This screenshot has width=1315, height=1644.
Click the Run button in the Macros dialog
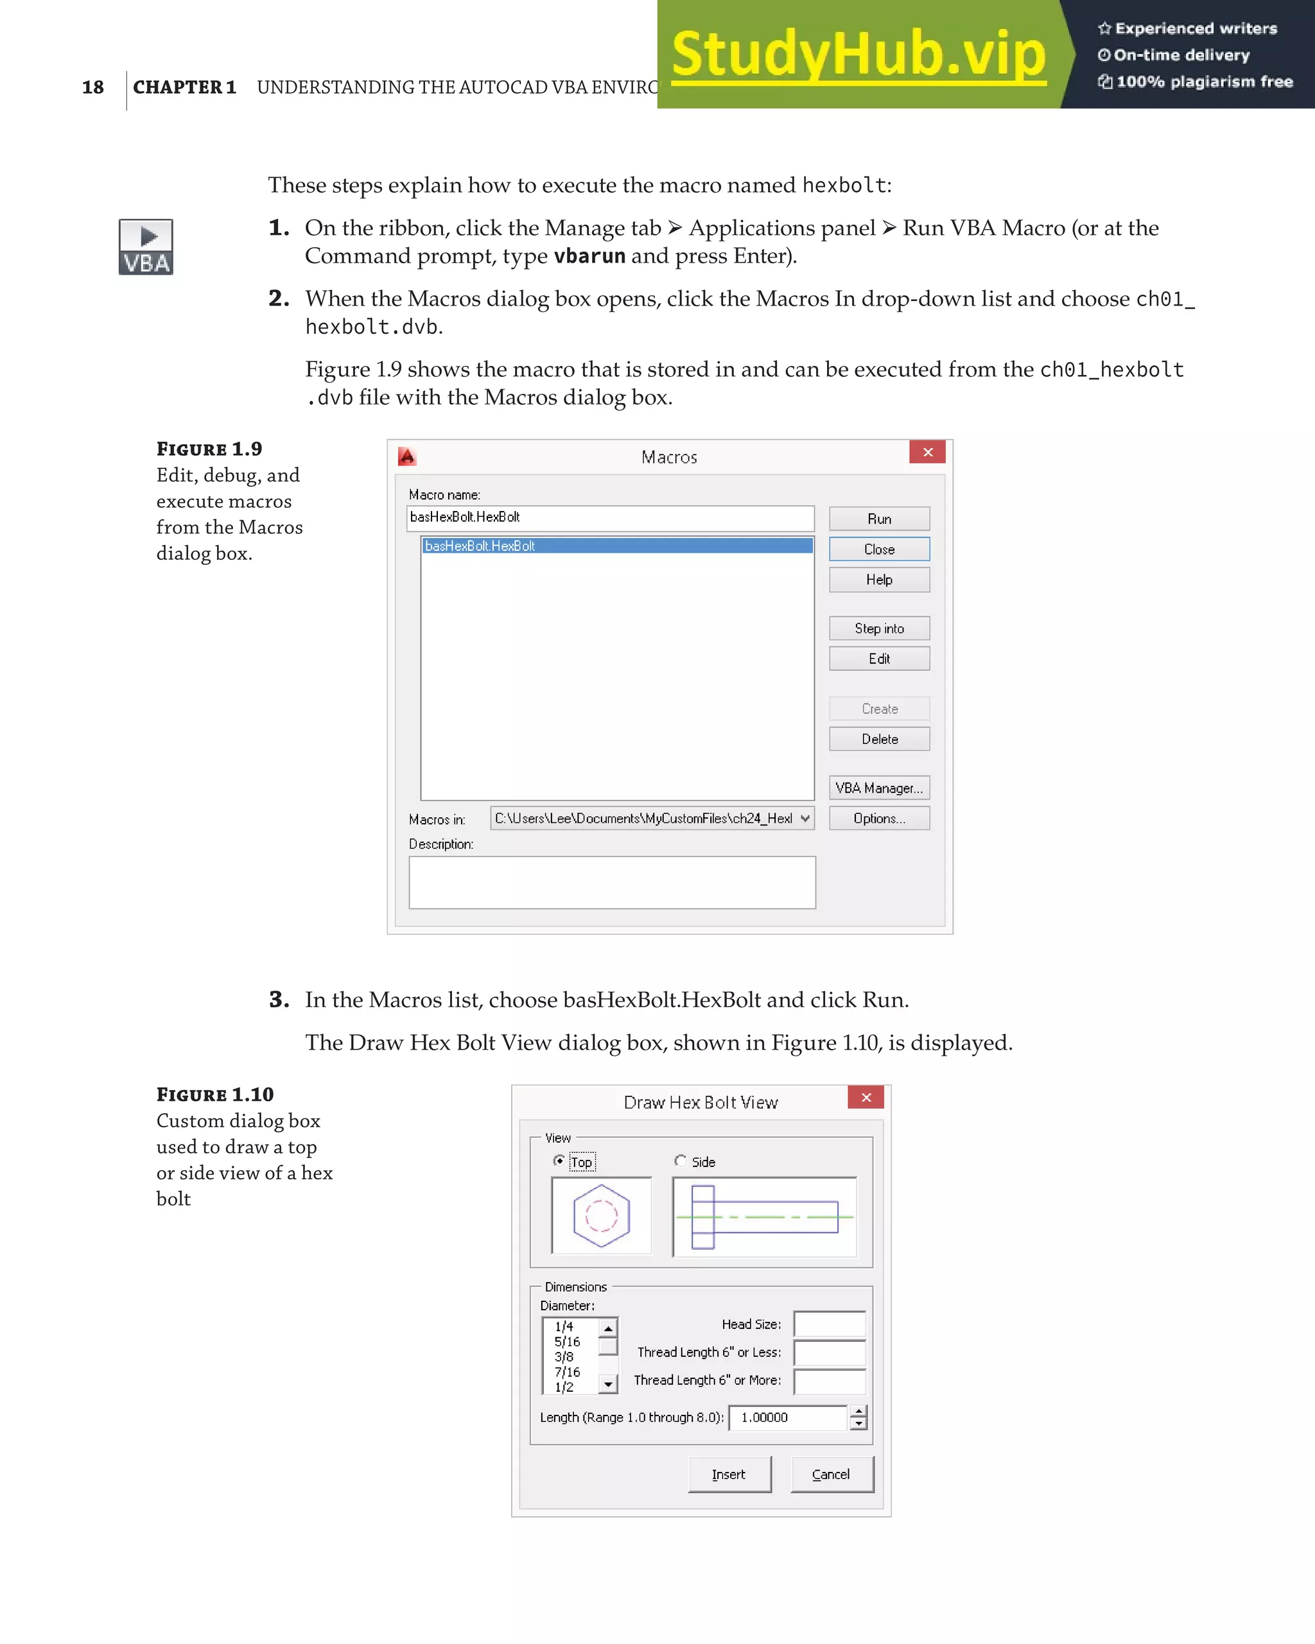pos(879,519)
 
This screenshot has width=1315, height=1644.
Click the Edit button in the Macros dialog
pos(879,659)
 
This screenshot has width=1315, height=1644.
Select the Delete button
pos(879,739)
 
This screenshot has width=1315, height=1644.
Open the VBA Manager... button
pos(879,788)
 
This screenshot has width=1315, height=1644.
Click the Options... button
pos(879,818)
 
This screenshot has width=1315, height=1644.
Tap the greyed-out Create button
pos(879,709)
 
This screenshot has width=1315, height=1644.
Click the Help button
pos(879,580)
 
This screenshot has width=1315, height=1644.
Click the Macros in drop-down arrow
pos(805,818)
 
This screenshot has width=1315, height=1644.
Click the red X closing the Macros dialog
pos(928,452)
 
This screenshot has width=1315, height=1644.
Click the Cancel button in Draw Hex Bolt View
pos(832,1474)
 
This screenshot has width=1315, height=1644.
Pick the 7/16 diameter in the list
pos(568,1372)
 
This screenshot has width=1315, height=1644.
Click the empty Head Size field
pos(829,1324)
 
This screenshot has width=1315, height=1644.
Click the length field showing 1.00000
pos(787,1417)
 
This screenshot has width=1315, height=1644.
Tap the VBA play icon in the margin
pos(146,247)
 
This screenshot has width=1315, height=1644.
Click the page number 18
pos(93,87)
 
